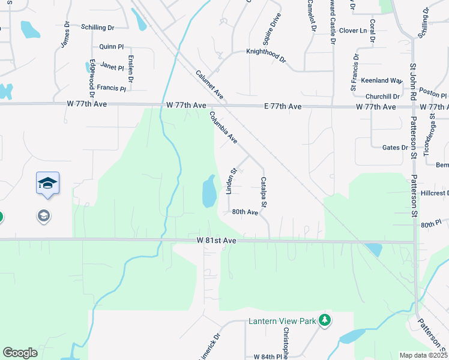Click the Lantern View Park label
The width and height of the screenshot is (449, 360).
coord(282,322)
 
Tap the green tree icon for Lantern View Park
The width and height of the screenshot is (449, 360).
coord(325,320)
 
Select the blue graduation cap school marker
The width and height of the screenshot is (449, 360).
coord(47,183)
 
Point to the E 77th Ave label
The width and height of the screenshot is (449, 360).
coord(283,106)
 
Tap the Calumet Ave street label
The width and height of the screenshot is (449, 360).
coord(210,85)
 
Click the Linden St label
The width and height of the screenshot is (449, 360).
coord(229,181)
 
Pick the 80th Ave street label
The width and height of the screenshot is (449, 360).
coord(245,212)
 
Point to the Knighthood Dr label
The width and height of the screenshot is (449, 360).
coord(267,52)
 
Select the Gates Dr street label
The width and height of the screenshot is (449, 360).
coord(394,147)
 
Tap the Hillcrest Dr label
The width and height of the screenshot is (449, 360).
coord(434,193)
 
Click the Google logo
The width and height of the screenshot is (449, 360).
coord(20,353)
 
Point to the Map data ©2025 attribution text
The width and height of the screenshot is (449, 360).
coord(424,355)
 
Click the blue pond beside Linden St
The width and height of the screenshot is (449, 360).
coord(209,191)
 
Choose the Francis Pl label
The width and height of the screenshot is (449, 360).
coord(112,88)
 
